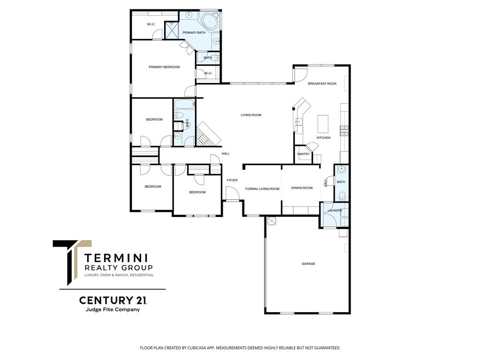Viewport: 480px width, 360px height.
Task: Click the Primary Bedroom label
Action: click(x=164, y=67)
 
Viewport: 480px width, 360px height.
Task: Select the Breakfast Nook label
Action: click(x=322, y=83)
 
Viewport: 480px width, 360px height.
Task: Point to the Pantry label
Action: click(x=303, y=154)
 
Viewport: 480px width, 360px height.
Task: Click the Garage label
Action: click(x=308, y=264)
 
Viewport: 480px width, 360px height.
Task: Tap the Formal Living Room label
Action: click(x=262, y=189)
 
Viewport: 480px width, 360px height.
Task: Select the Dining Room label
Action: click(x=301, y=188)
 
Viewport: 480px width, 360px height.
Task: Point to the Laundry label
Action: click(x=335, y=210)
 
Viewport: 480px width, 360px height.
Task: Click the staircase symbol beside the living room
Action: click(x=208, y=134)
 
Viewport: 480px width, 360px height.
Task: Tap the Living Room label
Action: click(x=251, y=115)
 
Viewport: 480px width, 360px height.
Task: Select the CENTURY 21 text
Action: click(x=109, y=300)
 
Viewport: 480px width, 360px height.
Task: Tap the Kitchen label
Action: click(x=323, y=138)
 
